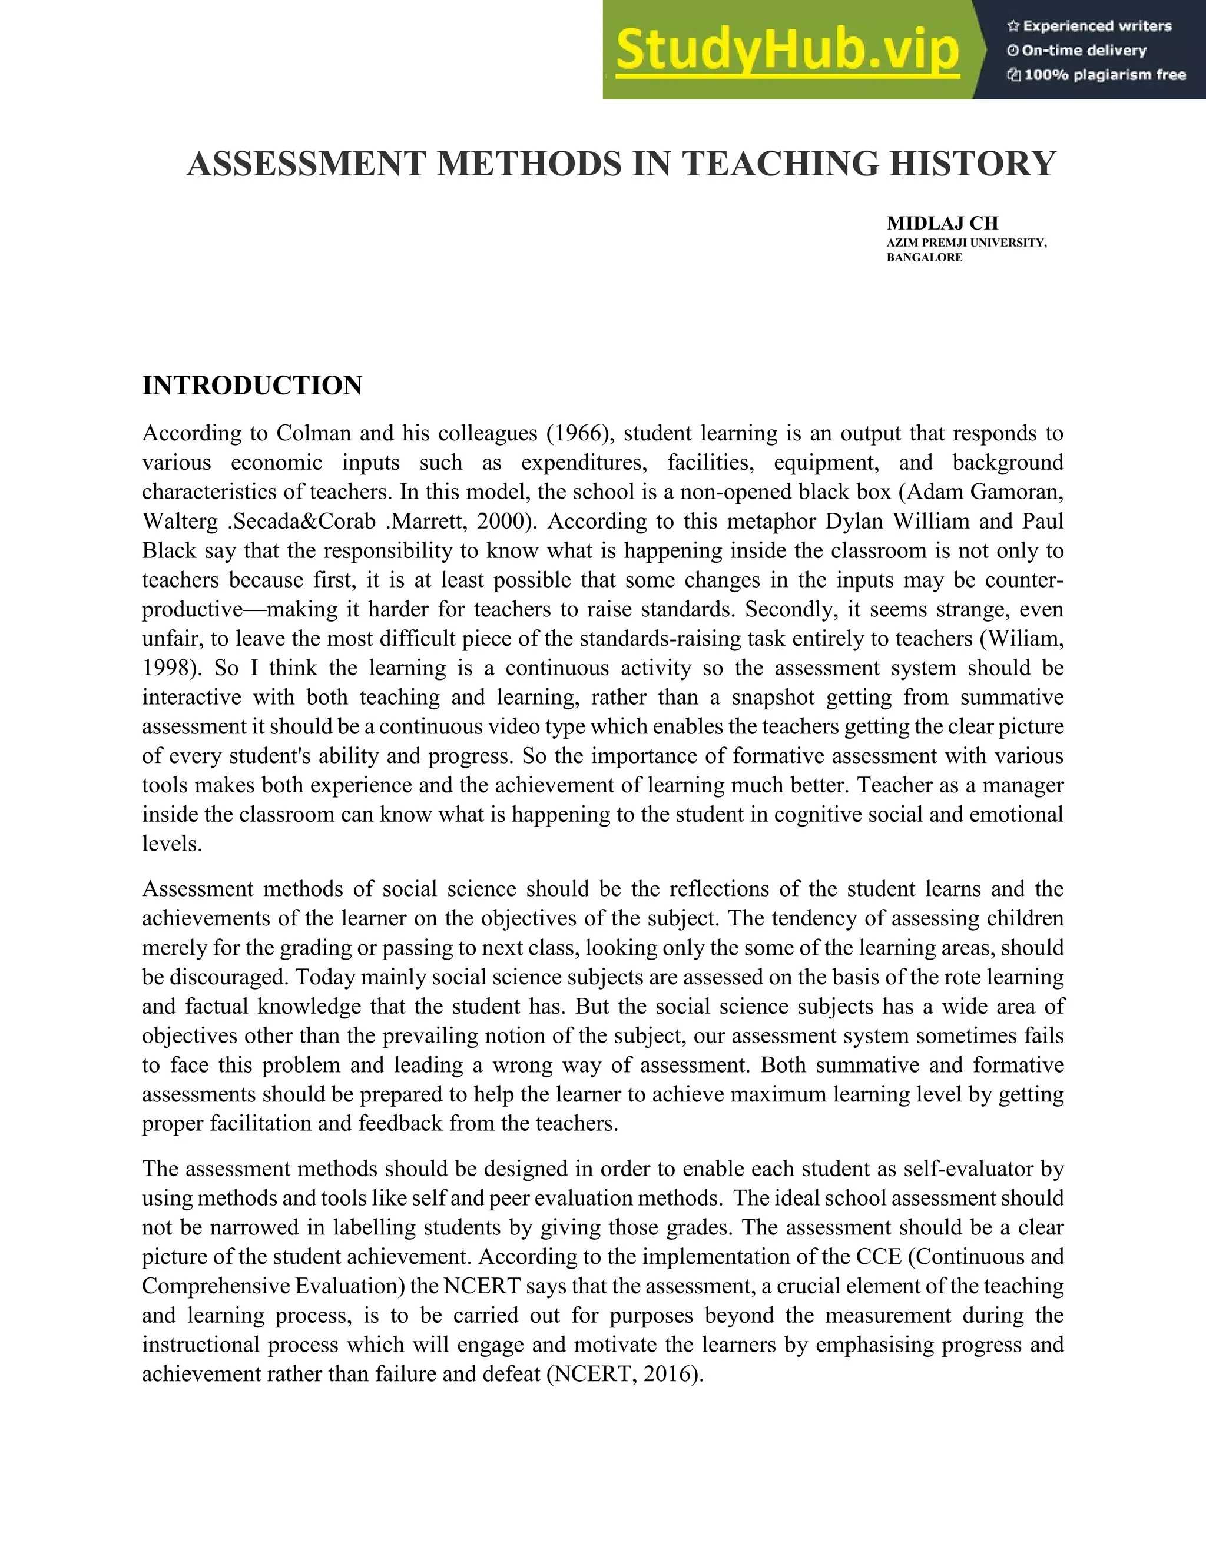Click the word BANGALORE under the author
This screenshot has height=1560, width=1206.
pos(924,258)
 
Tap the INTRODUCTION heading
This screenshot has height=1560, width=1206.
pos(251,386)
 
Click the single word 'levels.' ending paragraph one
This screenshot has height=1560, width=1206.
pos(172,844)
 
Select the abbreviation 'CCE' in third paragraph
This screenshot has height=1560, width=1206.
pos(877,1256)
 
